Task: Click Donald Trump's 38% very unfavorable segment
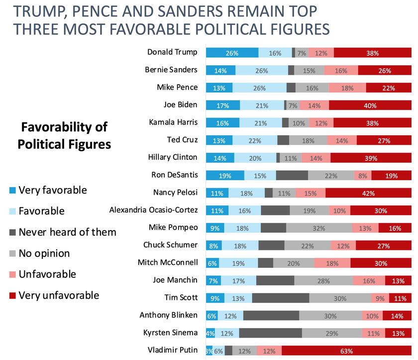pyautogui.click(x=373, y=53)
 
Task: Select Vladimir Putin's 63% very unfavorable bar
pyautogui.click(x=346, y=351)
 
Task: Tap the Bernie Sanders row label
pyautogui.click(x=171, y=70)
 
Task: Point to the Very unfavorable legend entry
pyautogui.click(x=59, y=295)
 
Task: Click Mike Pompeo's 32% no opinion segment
pyautogui.click(x=319, y=228)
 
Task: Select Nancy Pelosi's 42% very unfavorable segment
pyautogui.click(x=368, y=193)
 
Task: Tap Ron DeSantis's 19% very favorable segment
pyautogui.click(x=225, y=175)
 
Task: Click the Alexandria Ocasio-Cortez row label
pyautogui.click(x=153, y=210)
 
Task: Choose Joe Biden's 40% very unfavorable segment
pyautogui.click(x=370, y=105)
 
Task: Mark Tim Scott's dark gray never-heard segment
pyautogui.click(x=281, y=298)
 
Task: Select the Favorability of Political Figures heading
pyautogui.click(x=63, y=135)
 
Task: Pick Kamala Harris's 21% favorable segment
pyautogui.click(x=260, y=122)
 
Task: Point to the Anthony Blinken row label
pyautogui.click(x=169, y=315)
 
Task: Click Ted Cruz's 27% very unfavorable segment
pyautogui.click(x=384, y=140)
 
